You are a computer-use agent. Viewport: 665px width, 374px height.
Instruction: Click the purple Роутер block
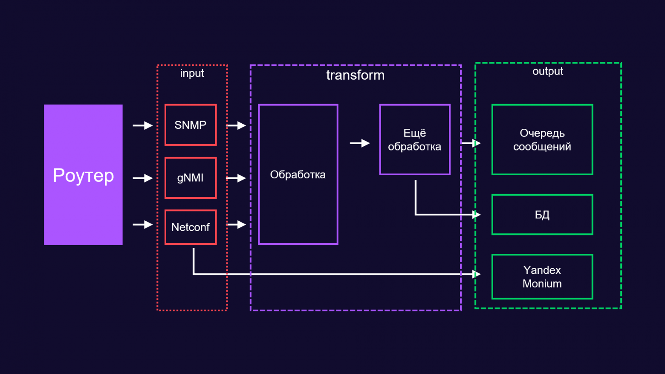[x=83, y=175]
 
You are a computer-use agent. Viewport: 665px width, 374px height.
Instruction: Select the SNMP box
[x=191, y=125]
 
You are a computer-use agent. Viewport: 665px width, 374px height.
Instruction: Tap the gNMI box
[x=191, y=178]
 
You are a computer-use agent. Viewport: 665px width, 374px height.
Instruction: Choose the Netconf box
[x=191, y=227]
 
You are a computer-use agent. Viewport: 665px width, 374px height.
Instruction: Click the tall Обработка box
[x=298, y=174]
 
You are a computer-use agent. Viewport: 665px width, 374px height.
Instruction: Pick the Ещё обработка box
[x=415, y=139]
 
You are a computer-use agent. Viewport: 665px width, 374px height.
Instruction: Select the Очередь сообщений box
[x=542, y=139]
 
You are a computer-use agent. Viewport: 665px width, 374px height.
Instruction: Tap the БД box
[x=542, y=215]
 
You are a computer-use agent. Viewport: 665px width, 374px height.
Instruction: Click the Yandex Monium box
[x=542, y=277]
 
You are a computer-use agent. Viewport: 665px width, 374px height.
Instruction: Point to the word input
[x=192, y=73]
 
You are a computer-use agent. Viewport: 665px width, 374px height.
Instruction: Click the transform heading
[x=355, y=75]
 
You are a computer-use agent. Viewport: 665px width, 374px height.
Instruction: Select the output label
[x=548, y=71]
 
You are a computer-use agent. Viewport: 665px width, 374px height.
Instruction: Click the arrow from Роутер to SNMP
[x=142, y=125]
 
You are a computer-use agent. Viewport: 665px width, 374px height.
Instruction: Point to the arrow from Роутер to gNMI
[x=142, y=178]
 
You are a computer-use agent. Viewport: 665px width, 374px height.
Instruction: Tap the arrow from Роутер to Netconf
[x=142, y=224]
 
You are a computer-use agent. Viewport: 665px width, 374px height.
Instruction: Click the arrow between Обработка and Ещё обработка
[x=360, y=143]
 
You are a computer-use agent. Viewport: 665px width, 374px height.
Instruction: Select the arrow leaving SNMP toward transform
[x=236, y=125]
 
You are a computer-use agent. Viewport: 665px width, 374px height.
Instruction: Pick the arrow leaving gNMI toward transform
[x=236, y=178]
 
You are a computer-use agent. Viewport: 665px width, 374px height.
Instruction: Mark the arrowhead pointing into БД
[x=477, y=215]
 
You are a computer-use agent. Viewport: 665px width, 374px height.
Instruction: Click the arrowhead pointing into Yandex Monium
[x=477, y=274]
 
